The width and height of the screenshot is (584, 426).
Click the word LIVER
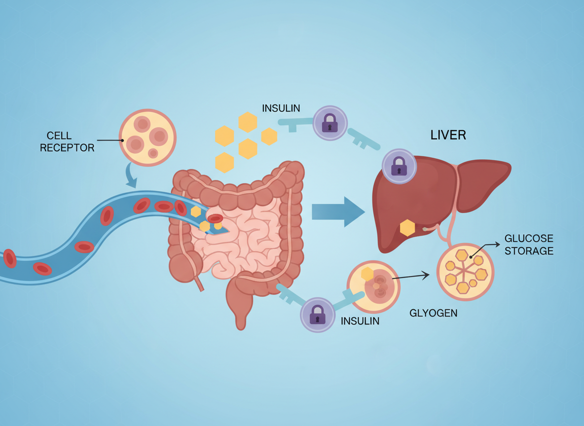tap(448, 135)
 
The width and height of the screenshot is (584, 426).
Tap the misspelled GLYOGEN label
tap(433, 313)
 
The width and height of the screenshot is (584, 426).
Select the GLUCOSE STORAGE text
tap(528, 245)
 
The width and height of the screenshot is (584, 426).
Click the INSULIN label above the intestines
tap(281, 108)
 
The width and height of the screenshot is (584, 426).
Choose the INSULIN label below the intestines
tap(360, 321)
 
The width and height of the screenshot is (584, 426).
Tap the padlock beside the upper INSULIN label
tap(330, 123)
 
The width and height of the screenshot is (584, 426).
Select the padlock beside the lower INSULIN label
tap(318, 315)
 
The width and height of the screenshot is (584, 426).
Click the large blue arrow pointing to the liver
tap(338, 212)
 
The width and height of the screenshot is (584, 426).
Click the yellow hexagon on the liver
tap(407, 228)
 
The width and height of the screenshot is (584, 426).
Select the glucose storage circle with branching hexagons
tap(465, 272)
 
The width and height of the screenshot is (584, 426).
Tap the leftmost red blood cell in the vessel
tap(10, 258)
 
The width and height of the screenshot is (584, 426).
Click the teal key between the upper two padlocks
tap(364, 140)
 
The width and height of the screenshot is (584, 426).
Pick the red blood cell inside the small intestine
tap(216, 218)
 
